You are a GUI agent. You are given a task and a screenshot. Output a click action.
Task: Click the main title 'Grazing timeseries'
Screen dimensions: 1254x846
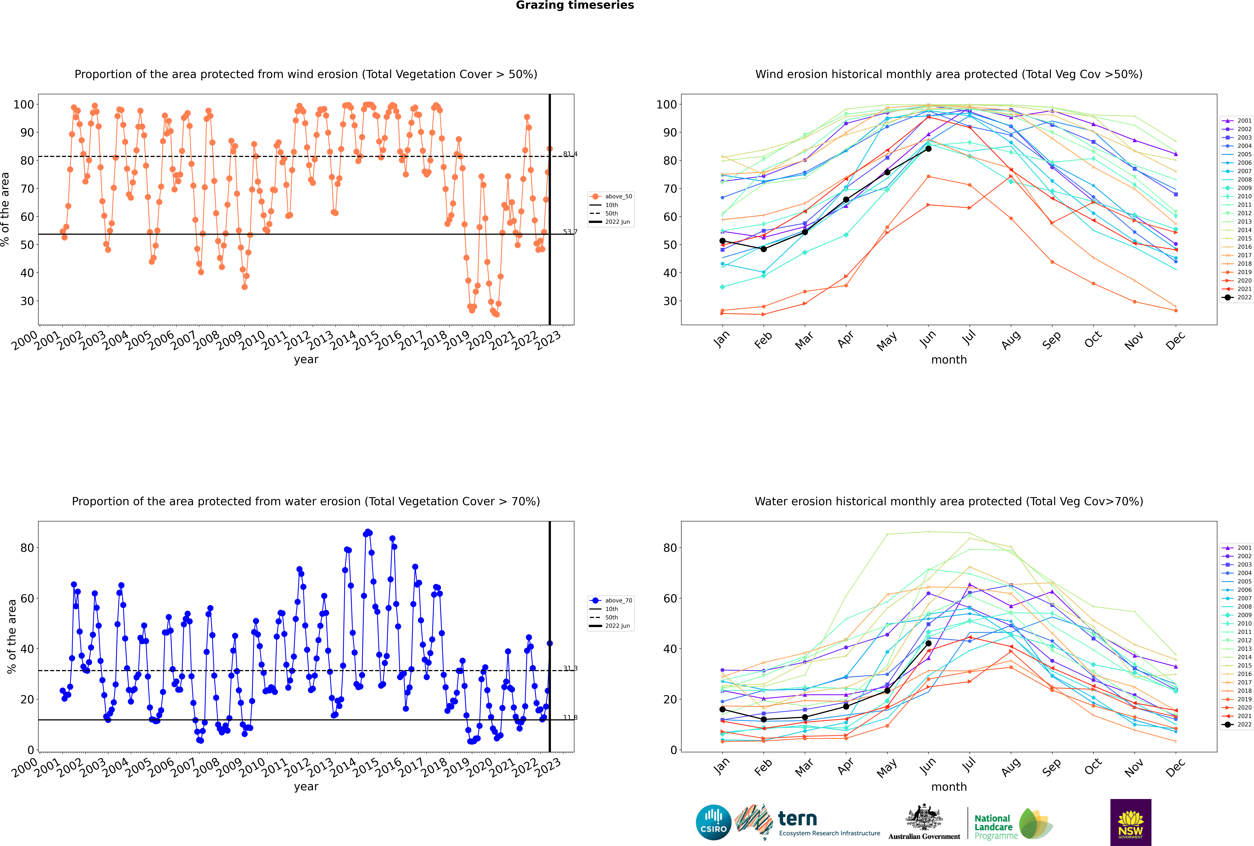point(575,5)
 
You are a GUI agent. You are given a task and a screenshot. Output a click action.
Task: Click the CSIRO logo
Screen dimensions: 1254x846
point(713,822)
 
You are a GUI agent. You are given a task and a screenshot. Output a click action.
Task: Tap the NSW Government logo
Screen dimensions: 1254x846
point(1131,822)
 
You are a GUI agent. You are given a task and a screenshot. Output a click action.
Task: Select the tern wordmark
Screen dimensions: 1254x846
point(797,819)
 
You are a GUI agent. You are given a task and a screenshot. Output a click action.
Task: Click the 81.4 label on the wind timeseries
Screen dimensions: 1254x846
point(570,154)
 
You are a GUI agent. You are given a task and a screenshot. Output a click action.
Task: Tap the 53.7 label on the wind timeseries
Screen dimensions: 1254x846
point(570,232)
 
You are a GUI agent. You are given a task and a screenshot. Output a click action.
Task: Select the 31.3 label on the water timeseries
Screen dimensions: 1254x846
point(570,668)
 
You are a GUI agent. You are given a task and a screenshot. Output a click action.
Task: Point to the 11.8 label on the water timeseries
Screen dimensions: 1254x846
point(570,718)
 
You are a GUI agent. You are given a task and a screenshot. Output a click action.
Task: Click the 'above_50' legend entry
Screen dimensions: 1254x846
point(611,196)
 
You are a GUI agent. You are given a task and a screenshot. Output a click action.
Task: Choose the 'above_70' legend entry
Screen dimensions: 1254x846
point(611,601)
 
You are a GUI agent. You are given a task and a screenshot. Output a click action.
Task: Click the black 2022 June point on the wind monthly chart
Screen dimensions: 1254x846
point(928,149)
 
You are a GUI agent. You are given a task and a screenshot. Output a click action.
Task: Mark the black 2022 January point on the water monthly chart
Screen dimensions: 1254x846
point(722,710)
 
